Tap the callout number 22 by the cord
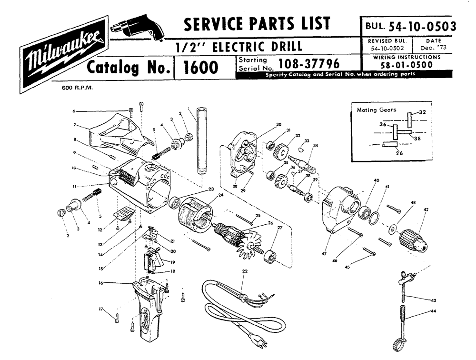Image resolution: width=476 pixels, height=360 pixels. click(x=245, y=271)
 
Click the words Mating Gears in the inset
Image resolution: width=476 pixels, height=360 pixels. click(x=376, y=110)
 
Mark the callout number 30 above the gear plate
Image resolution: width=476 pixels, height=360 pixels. click(x=278, y=125)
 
